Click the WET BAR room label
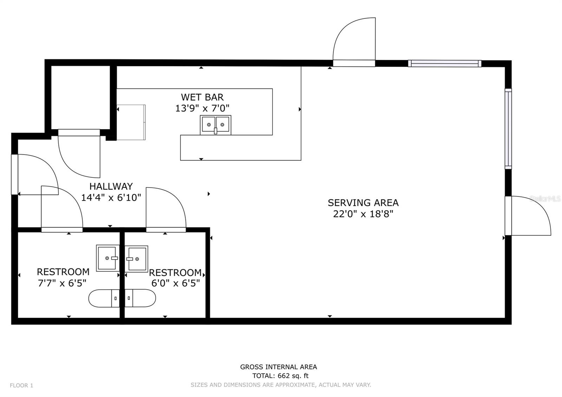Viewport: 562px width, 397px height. (202, 97)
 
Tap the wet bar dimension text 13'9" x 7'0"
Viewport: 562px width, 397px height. (202, 109)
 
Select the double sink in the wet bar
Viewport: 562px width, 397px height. (216, 125)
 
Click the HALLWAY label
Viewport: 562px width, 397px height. (111, 186)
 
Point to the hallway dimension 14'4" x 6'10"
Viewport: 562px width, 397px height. (111, 197)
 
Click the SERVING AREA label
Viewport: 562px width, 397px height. (363, 202)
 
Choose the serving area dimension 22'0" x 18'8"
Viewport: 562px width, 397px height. (363, 214)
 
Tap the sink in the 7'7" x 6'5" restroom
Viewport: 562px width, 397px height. (108, 258)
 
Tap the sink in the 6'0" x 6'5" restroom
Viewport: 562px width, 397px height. (136, 259)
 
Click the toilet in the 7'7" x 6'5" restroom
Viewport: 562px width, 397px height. (104, 298)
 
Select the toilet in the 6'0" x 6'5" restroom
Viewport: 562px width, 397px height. (140, 298)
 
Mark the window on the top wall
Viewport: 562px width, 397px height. (445, 64)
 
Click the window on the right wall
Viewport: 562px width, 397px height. (508, 129)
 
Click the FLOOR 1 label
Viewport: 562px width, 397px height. (21, 385)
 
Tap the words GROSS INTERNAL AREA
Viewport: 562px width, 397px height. (279, 367)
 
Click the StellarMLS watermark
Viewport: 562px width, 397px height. (545, 199)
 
